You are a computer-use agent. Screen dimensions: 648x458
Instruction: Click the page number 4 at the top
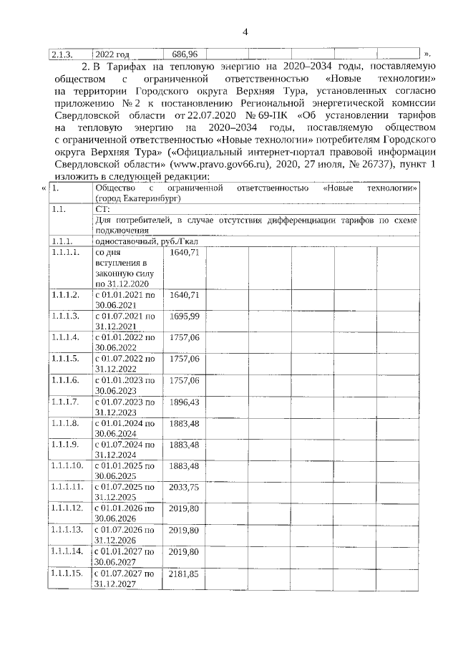point(245,32)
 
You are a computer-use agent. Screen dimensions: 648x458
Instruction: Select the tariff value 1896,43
point(184,402)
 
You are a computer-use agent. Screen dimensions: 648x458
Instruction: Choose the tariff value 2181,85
point(184,574)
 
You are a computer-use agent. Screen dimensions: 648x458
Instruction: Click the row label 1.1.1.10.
point(68,466)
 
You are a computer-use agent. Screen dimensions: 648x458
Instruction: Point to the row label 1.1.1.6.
point(65,380)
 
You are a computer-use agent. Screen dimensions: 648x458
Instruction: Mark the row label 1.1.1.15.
point(68,574)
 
